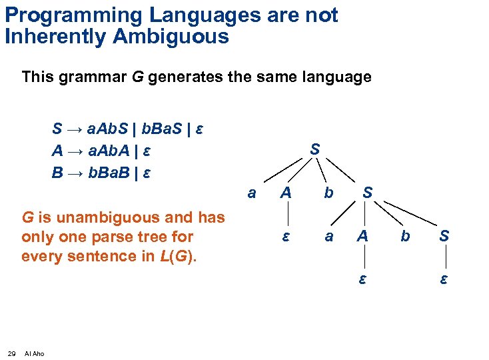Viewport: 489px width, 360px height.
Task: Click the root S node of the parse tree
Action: coord(314,150)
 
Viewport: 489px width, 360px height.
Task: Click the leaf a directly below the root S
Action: coord(251,193)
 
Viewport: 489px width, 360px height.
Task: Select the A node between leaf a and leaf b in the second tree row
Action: coord(285,193)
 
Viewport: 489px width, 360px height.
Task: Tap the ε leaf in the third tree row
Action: coord(285,236)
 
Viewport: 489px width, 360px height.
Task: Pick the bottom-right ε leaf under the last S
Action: coord(444,279)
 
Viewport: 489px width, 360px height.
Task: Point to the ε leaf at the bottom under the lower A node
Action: coord(362,279)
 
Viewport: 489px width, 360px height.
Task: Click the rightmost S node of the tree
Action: coord(444,236)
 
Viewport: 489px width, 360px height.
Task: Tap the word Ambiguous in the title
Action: coord(171,36)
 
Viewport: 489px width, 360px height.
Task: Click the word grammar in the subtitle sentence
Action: coord(97,77)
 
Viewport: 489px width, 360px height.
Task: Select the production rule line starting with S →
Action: coord(127,128)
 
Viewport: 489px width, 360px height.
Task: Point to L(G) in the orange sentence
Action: coord(177,255)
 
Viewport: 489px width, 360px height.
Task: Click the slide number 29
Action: coord(12,353)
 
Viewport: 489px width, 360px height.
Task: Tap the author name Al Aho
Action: coord(34,353)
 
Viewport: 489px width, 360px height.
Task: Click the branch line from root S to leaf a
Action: coord(282,171)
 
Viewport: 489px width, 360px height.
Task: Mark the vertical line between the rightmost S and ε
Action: coord(444,257)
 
